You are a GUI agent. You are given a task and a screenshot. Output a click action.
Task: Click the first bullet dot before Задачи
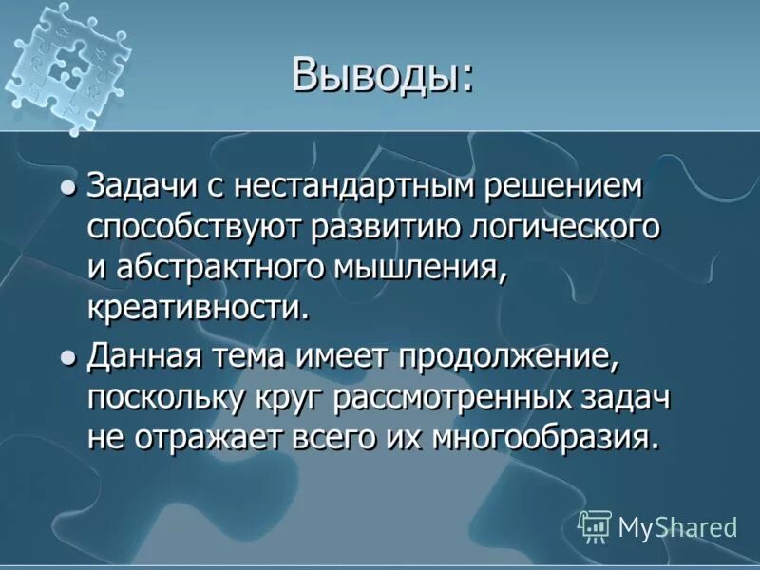click(x=67, y=188)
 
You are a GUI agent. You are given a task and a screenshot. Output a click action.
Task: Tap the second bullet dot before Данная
click(x=67, y=358)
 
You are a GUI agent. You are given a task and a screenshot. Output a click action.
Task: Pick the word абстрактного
click(x=218, y=269)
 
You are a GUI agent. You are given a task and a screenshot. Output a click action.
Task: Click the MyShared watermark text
click(x=677, y=527)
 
